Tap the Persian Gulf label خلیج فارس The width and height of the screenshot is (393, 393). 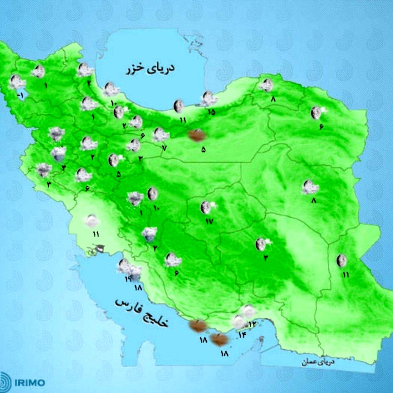click(x=141, y=313)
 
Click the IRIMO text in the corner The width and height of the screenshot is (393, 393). click(x=29, y=383)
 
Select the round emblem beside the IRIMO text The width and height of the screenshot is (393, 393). click(x=6, y=382)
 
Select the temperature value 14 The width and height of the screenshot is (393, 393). click(x=242, y=335)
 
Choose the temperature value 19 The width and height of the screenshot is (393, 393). click(x=128, y=279)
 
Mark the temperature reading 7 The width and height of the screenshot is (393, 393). click(x=164, y=147)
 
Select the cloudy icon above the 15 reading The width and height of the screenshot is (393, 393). click(x=207, y=99)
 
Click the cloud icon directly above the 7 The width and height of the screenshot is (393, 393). click(x=161, y=134)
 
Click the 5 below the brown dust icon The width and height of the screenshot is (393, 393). click(x=203, y=150)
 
